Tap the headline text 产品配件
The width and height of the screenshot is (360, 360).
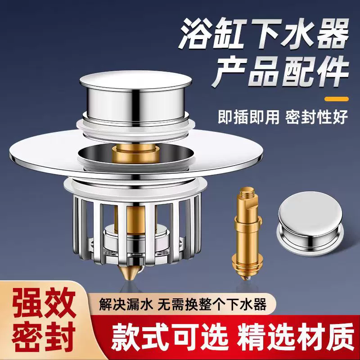[x=280, y=72]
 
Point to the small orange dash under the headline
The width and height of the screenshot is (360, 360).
[x=337, y=99]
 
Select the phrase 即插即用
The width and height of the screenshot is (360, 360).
[x=248, y=117]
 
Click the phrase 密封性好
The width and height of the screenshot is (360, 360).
[x=317, y=117]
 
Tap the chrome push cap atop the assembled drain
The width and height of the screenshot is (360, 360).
[x=135, y=96]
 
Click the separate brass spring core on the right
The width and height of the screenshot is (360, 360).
[x=247, y=233]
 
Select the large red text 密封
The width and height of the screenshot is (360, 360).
[x=44, y=336]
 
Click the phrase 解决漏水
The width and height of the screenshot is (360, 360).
[x=126, y=304]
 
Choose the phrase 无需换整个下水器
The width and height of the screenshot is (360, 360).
[x=213, y=304]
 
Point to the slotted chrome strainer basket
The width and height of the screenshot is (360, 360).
[x=137, y=229]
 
